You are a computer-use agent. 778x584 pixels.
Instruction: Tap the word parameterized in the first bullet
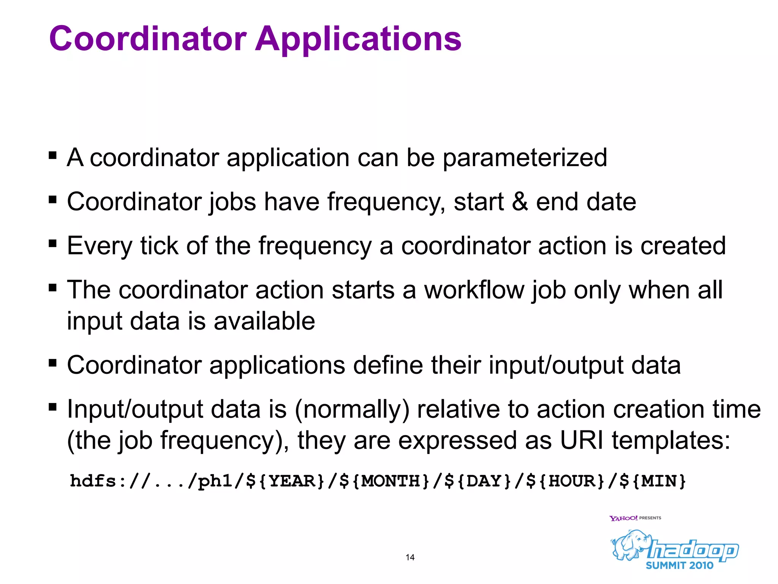click(525, 158)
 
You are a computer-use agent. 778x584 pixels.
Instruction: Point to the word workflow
click(474, 290)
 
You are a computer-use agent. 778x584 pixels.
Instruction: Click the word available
click(264, 321)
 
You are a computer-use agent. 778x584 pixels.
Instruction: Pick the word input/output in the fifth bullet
click(556, 365)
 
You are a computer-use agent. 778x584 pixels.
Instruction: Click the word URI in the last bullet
click(582, 441)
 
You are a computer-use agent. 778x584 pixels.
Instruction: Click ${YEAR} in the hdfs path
click(286, 481)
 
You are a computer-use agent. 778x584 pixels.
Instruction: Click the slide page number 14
click(410, 557)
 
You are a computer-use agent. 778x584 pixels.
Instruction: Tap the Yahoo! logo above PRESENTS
click(623, 518)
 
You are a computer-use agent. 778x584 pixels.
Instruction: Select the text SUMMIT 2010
click(680, 565)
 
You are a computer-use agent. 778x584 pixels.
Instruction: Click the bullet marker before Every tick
click(53, 243)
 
